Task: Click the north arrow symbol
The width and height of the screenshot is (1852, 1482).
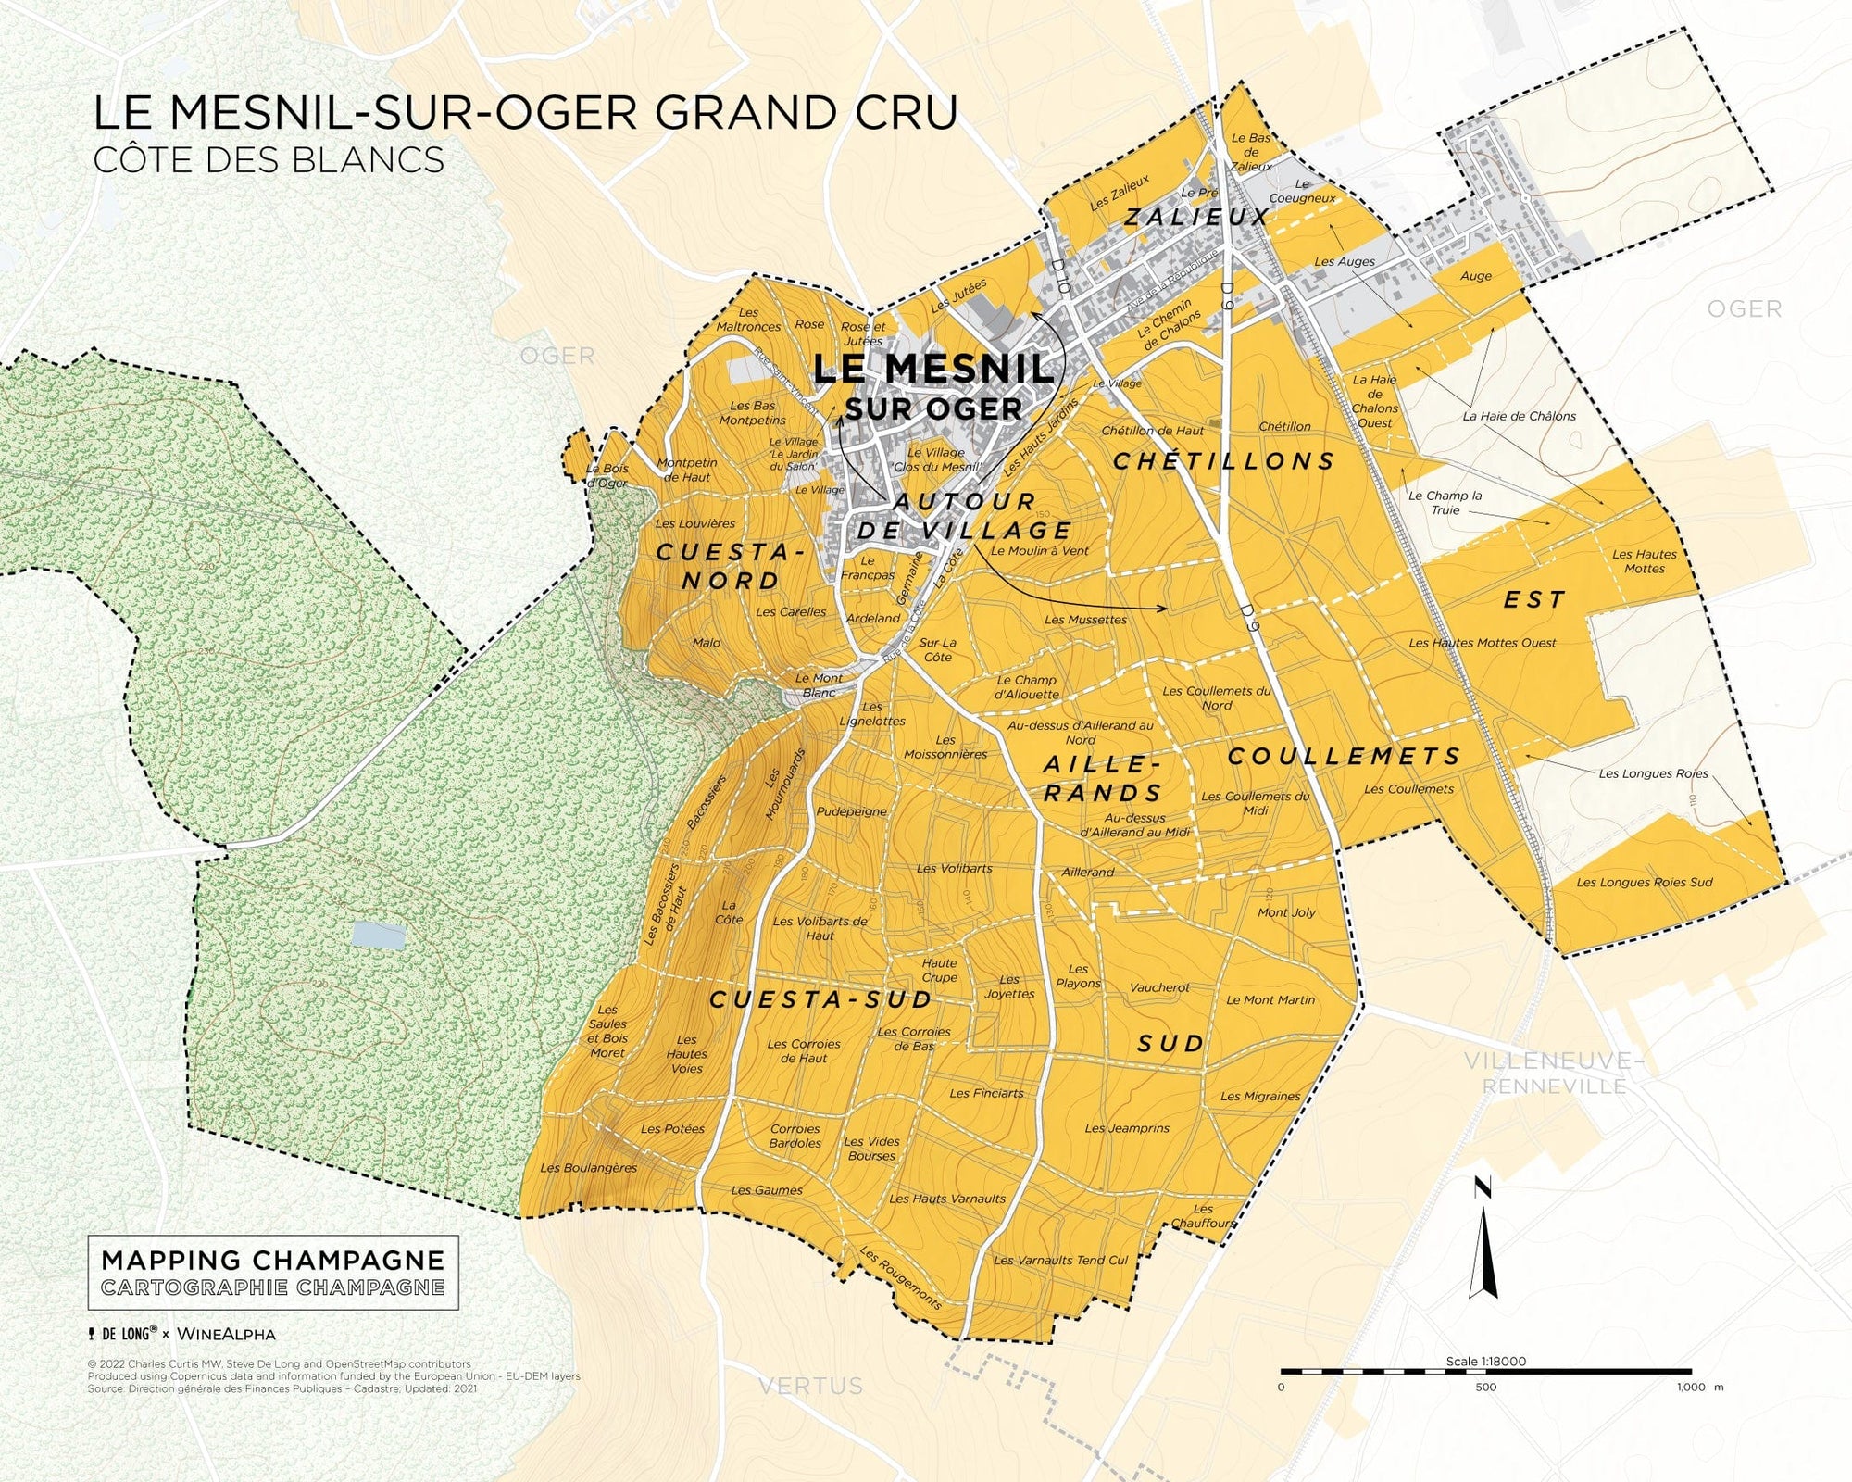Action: click(x=1483, y=1241)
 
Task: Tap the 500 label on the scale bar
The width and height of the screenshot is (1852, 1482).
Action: click(x=1485, y=1387)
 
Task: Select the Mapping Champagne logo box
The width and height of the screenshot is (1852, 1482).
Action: click(x=273, y=1273)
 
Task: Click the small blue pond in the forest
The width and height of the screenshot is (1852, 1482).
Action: click(x=378, y=936)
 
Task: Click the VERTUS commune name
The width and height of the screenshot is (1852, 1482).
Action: click(x=810, y=1386)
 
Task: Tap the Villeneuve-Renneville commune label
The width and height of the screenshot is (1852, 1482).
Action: click(x=1553, y=1073)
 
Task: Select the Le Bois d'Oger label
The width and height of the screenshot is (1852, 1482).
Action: click(x=607, y=476)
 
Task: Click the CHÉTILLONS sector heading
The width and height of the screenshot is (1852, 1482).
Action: click(x=1223, y=461)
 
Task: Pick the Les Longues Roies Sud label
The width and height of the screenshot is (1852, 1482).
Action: click(x=1644, y=882)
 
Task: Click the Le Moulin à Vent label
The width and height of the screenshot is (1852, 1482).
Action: click(x=1039, y=550)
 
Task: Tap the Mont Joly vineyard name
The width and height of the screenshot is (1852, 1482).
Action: click(x=1286, y=912)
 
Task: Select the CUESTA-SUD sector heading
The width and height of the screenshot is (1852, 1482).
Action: click(x=820, y=999)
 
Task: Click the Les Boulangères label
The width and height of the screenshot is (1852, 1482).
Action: click(x=589, y=1168)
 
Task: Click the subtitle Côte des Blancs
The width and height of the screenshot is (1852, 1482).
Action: click(x=269, y=159)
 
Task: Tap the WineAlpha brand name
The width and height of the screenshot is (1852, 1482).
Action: click(x=226, y=1334)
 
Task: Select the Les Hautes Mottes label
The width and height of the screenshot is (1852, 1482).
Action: click(x=1644, y=561)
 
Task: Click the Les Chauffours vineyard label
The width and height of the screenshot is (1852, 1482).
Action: click(x=1202, y=1215)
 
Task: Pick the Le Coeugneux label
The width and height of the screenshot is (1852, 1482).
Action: click(x=1302, y=191)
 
